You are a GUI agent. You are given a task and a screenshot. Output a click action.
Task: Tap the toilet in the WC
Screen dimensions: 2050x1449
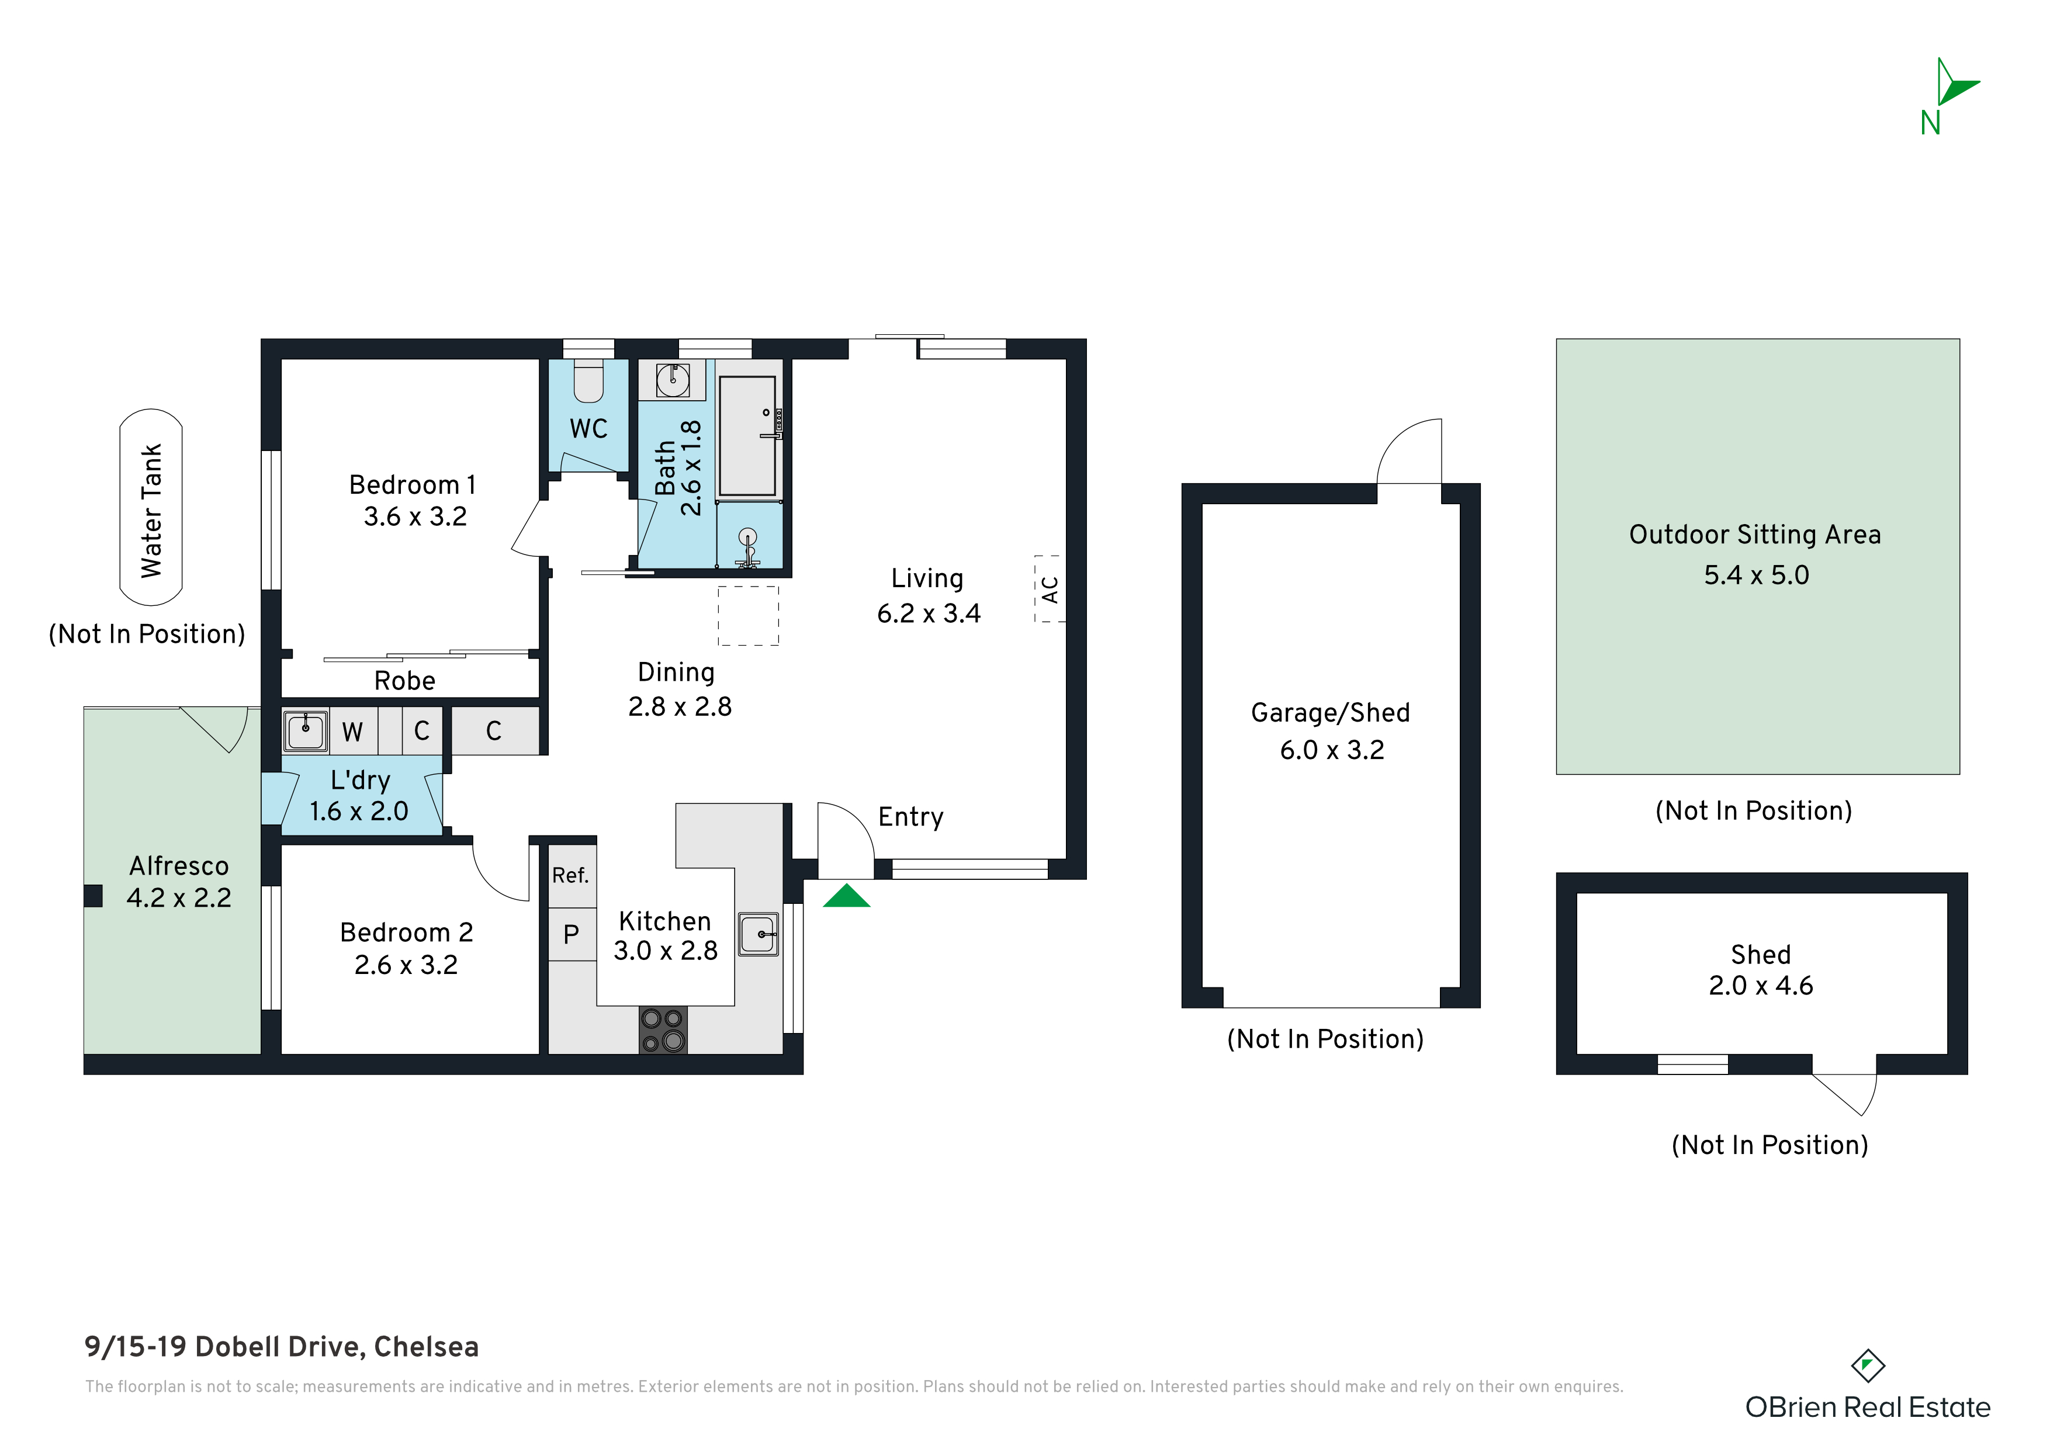click(x=588, y=381)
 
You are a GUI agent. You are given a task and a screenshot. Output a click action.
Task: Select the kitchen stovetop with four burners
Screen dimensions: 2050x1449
click(x=663, y=1029)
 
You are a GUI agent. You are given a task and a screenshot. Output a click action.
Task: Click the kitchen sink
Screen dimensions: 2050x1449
click(x=758, y=934)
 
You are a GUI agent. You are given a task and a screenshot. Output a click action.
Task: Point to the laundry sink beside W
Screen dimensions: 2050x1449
click(x=306, y=730)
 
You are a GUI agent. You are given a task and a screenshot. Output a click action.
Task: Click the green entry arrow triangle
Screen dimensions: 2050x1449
click(x=846, y=896)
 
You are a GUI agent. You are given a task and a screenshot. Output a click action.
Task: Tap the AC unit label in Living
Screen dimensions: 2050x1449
click(x=1050, y=590)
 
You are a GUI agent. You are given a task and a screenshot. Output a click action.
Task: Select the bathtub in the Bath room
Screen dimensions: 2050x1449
click(x=748, y=436)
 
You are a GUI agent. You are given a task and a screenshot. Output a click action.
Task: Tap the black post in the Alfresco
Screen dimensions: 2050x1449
click(x=93, y=896)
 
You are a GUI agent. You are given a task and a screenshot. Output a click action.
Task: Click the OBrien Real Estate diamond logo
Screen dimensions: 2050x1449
click(x=1867, y=1365)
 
